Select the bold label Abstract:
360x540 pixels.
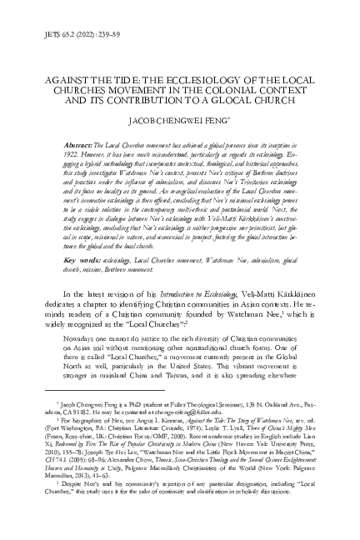pos(71,145)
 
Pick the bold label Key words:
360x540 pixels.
pos(72,260)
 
